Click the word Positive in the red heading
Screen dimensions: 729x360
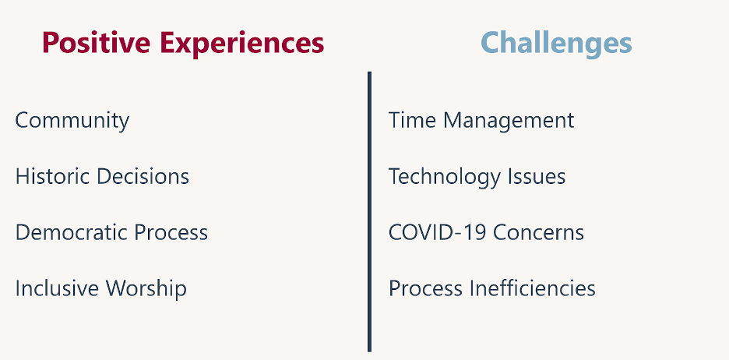click(x=97, y=43)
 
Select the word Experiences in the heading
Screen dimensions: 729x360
click(x=241, y=43)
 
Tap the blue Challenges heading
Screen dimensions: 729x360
click(x=556, y=44)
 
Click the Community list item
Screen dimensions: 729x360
click(x=72, y=121)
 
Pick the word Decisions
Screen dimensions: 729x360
click(x=143, y=177)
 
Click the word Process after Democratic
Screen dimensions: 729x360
click(x=171, y=232)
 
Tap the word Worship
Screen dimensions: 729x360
click(x=146, y=289)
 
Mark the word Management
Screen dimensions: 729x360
click(x=509, y=121)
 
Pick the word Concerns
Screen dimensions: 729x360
click(x=538, y=232)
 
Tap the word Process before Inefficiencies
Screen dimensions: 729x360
click(x=425, y=288)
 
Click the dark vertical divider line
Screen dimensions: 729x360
click(x=370, y=212)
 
